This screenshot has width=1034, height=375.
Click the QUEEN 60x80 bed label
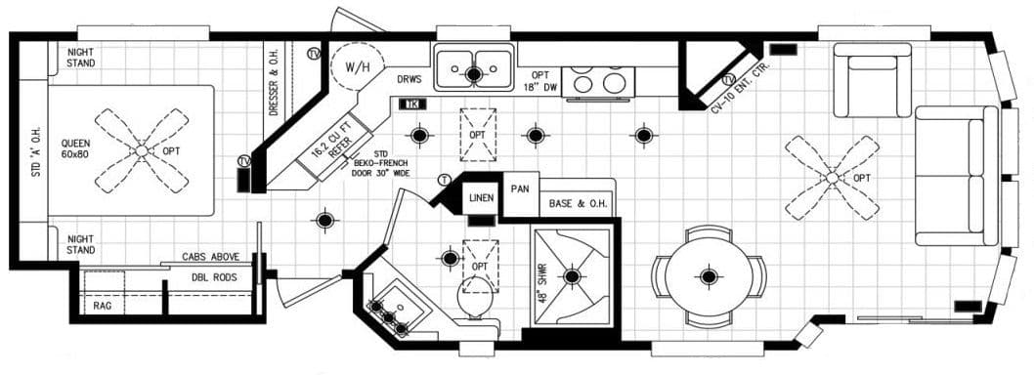click(x=75, y=147)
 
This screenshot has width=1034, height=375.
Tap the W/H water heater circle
click(x=349, y=69)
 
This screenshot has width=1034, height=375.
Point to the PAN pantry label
click(x=519, y=189)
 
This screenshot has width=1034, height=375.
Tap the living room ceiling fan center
click(x=832, y=178)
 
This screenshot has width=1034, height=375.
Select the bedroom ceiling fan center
click(x=143, y=150)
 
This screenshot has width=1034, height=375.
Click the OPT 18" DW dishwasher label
click(x=539, y=81)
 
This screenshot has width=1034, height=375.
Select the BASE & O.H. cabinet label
click(x=575, y=203)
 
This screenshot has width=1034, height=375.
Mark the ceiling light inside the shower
click(x=572, y=277)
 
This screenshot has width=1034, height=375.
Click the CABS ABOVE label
click(x=211, y=257)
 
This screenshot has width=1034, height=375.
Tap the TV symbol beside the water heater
click(x=313, y=52)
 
